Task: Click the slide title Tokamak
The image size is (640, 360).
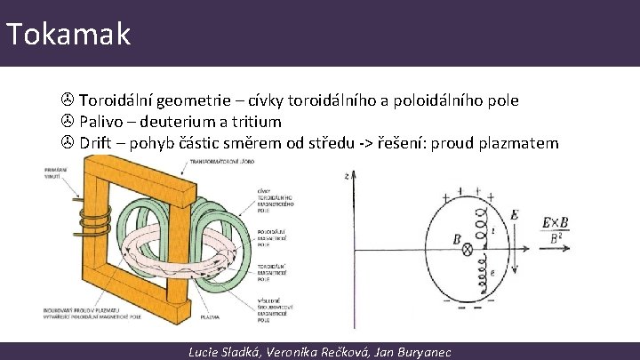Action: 68,34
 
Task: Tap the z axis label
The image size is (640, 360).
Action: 344,176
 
